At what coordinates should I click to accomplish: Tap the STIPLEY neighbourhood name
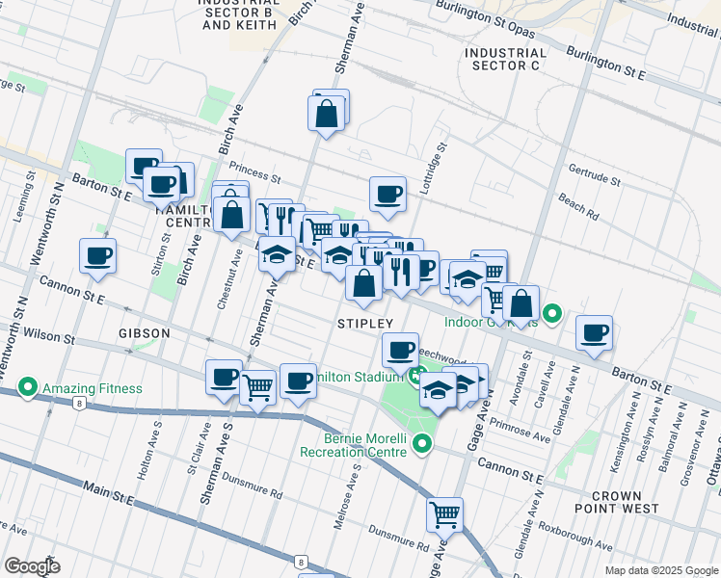coord(365,323)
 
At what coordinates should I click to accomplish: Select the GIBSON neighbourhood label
coord(145,332)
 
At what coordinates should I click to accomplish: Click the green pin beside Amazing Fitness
coord(28,389)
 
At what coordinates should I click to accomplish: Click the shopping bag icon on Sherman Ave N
coord(328,113)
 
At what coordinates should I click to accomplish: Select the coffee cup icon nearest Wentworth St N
coord(97,256)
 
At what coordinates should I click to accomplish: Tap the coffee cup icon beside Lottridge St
coord(387,195)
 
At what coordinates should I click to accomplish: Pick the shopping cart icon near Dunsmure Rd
coord(444,515)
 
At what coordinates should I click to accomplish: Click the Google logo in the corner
coord(32,566)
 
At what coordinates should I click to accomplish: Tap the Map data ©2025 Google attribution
coord(660,570)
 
